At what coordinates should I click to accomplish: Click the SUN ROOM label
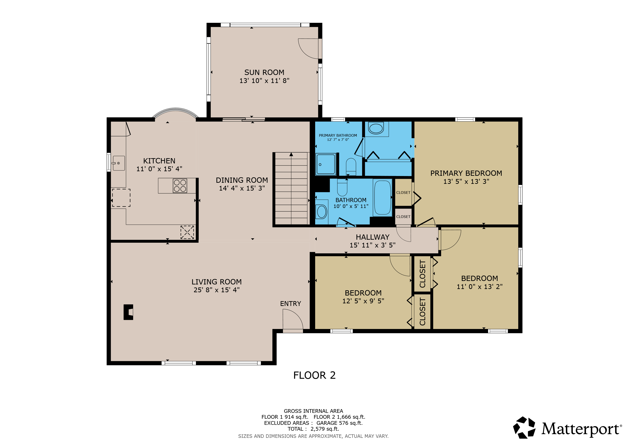tap(264, 72)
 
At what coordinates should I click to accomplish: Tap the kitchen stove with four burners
tap(180, 186)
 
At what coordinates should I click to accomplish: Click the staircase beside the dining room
tap(291, 189)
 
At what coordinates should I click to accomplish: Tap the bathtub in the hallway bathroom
tap(382, 198)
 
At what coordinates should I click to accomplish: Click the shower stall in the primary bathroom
tap(326, 164)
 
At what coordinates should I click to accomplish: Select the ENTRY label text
tap(290, 304)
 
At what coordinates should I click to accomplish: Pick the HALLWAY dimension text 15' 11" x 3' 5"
tap(372, 245)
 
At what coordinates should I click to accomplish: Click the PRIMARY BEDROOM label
tap(466, 173)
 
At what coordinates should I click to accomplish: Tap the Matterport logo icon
tap(524, 427)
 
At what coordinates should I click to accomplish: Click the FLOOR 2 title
tap(314, 375)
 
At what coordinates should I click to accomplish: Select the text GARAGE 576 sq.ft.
tap(339, 423)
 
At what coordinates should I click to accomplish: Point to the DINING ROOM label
tap(242, 180)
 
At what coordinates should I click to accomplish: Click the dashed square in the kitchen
tap(121, 198)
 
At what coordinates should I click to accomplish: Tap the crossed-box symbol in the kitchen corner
tap(187, 232)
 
